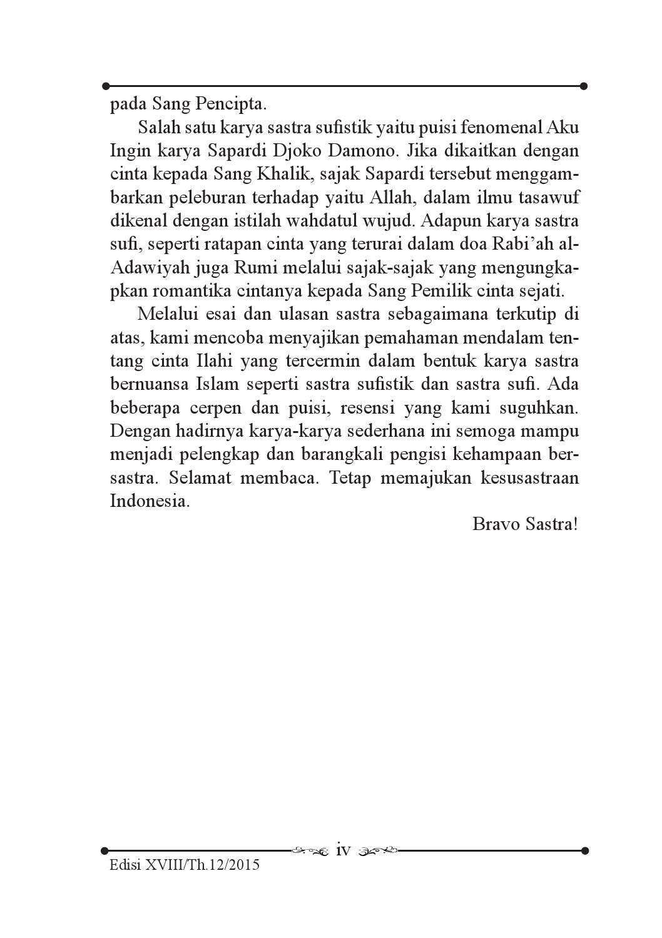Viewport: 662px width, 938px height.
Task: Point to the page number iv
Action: point(344,850)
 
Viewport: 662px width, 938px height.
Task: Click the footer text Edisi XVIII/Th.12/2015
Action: point(184,866)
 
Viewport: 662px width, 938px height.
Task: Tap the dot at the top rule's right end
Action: point(584,86)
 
